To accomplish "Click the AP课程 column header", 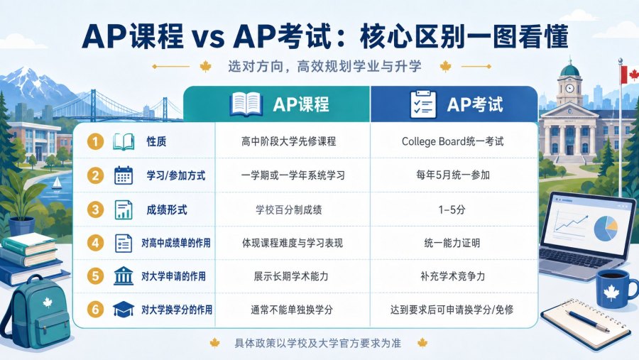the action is click(301, 104).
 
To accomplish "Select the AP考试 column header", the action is click(475, 104).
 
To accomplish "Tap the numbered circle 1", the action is click(95, 141).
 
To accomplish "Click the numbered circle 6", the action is click(95, 309).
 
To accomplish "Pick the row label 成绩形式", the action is click(167, 210).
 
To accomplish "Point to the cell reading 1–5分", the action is click(452, 209).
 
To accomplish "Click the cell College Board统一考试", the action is click(452, 141).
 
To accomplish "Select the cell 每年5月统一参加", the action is click(453, 175).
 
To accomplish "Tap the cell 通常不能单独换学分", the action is click(292, 310).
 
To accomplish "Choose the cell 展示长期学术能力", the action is click(291, 276).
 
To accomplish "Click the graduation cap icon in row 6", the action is click(124, 309).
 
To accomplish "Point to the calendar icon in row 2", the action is click(124, 175).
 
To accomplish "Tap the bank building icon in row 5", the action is click(124, 276).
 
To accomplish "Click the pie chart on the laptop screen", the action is click(606, 229).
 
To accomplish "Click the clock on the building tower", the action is click(569, 88).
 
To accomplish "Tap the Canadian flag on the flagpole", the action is click(630, 75).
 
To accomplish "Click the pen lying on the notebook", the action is click(587, 320).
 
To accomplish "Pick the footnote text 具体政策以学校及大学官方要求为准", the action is click(318, 343).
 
